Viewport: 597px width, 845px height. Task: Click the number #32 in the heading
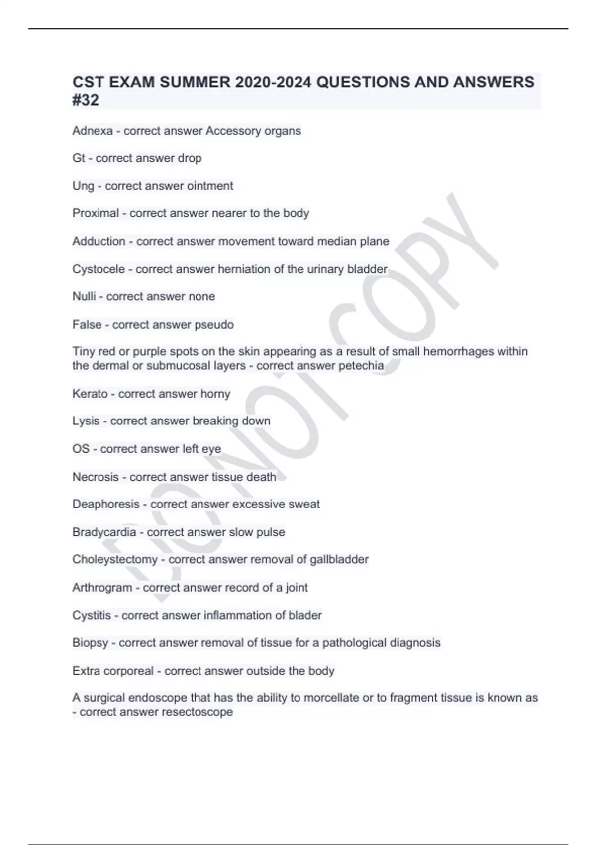pyautogui.click(x=86, y=100)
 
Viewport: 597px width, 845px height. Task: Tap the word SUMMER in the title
pyautogui.click(x=195, y=82)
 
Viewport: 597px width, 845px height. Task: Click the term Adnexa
pyautogui.click(x=93, y=131)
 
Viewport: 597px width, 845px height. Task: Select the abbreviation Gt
pyautogui.click(x=79, y=158)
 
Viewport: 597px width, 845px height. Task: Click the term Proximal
pyautogui.click(x=96, y=213)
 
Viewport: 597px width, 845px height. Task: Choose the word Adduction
pyautogui.click(x=99, y=241)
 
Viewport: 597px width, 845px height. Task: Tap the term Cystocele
pyautogui.click(x=99, y=269)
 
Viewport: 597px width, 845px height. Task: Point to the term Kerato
pyautogui.click(x=90, y=394)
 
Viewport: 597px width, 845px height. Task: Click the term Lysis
pyautogui.click(x=86, y=421)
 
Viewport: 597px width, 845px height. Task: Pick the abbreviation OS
pyautogui.click(x=81, y=449)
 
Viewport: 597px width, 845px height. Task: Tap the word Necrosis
pyautogui.click(x=96, y=477)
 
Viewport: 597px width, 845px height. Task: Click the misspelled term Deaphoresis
pyautogui.click(x=106, y=504)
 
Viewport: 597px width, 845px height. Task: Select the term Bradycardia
pyautogui.click(x=104, y=532)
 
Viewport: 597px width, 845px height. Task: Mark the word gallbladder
pyautogui.click(x=339, y=560)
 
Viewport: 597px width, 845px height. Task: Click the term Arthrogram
pyautogui.click(x=102, y=588)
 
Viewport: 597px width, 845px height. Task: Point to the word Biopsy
pyautogui.click(x=90, y=643)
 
